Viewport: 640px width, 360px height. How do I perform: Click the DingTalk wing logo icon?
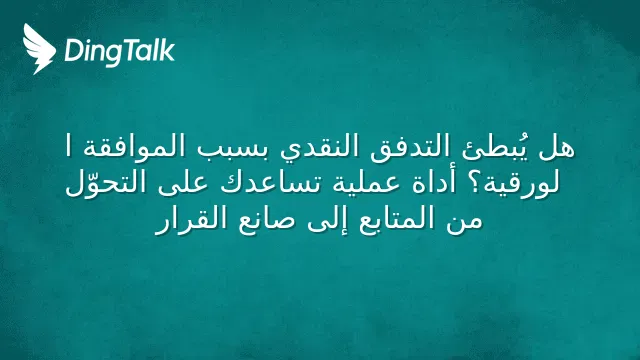click(39, 49)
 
